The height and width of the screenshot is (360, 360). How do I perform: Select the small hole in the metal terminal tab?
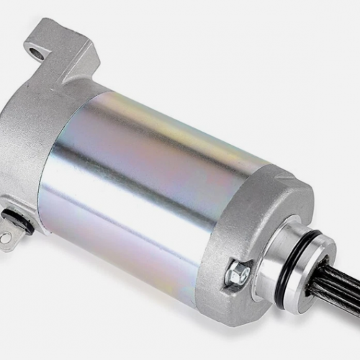[5, 237]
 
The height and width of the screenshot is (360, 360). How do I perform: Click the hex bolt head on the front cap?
[238, 274]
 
